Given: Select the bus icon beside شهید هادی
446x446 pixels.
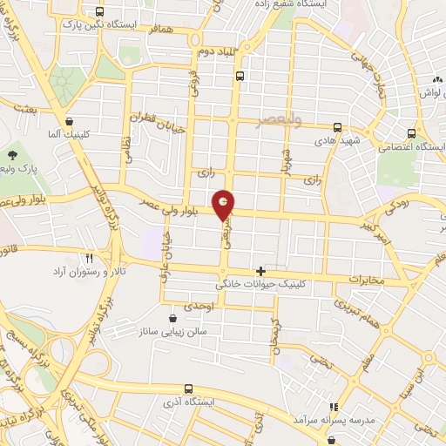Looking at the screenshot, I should (x=337, y=129).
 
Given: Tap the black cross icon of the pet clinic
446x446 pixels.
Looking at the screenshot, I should (x=260, y=271).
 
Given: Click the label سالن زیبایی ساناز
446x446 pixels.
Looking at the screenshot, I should (x=172, y=331).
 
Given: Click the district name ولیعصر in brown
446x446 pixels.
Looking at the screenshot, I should (x=278, y=121).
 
